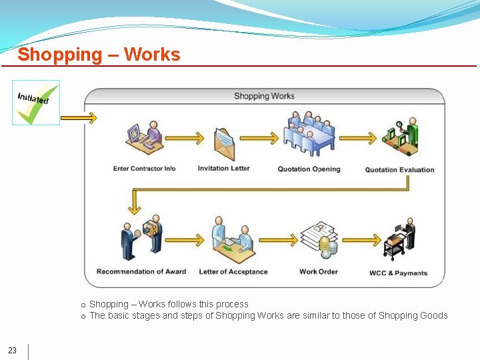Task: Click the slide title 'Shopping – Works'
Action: (99, 54)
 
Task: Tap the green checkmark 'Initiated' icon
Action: (36, 103)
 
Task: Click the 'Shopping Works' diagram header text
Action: (264, 96)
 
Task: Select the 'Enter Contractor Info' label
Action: (144, 169)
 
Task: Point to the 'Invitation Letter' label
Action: (224, 168)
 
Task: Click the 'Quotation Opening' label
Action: (309, 169)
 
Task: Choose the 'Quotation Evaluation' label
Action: (399, 170)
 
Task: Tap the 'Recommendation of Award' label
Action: (141, 271)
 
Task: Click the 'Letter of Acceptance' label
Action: (233, 272)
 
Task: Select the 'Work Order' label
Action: (319, 271)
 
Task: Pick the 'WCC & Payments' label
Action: (399, 273)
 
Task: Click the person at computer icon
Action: (144, 136)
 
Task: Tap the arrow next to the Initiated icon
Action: (83, 118)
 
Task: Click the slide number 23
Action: (13, 351)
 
